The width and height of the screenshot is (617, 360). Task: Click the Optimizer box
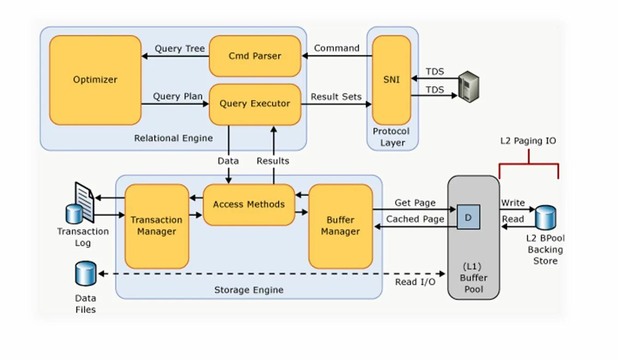(95, 80)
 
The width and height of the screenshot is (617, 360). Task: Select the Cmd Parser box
(255, 56)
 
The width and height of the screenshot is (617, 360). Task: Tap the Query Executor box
(255, 104)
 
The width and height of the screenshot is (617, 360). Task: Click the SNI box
(391, 80)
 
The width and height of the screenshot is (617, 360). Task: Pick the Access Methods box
(249, 204)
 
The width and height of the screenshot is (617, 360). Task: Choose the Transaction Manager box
(157, 226)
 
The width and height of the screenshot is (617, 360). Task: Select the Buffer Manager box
(340, 226)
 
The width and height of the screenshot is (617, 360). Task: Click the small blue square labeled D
(468, 217)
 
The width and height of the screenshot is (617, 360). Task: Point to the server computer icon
(469, 87)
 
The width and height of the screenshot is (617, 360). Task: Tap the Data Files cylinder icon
(86, 273)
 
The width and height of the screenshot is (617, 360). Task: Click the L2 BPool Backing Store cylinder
(546, 217)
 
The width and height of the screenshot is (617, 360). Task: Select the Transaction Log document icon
(84, 202)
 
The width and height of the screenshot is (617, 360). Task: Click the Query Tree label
(180, 49)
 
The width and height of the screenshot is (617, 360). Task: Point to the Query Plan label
(178, 96)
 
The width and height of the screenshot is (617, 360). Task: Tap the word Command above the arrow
(337, 48)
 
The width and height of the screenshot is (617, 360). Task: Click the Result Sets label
(336, 97)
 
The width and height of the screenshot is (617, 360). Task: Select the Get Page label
(415, 203)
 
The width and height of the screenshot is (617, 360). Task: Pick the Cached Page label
(415, 219)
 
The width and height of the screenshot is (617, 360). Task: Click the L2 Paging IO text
(528, 141)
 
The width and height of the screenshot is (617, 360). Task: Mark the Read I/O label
(415, 282)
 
